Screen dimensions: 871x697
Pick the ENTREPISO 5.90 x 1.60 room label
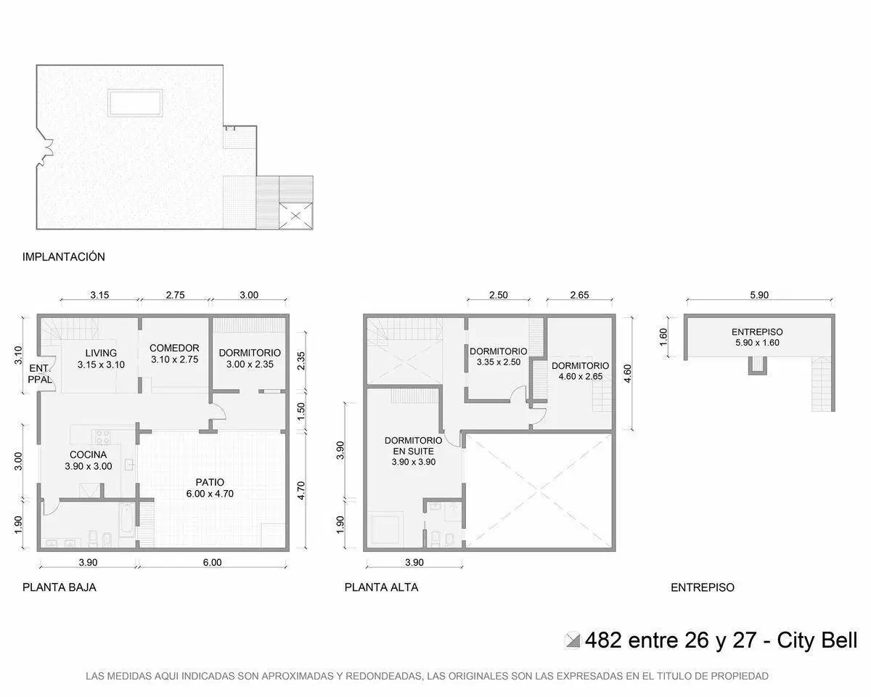tap(757, 337)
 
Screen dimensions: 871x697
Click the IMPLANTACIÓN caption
tap(64, 257)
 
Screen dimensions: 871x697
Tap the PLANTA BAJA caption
tap(59, 587)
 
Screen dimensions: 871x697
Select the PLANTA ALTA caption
tap(381, 587)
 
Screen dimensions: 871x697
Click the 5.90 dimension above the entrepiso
tap(759, 295)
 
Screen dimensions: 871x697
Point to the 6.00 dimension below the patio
tap(212, 562)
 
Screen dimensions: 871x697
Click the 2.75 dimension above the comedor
tap(175, 295)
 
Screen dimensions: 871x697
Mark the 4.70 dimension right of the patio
tap(300, 491)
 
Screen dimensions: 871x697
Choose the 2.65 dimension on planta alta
tap(579, 295)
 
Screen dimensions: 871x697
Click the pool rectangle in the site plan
tap(136, 103)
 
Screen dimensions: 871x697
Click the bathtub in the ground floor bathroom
tap(126, 519)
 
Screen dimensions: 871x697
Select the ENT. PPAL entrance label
tap(40, 374)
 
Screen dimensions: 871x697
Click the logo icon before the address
tap(572, 640)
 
